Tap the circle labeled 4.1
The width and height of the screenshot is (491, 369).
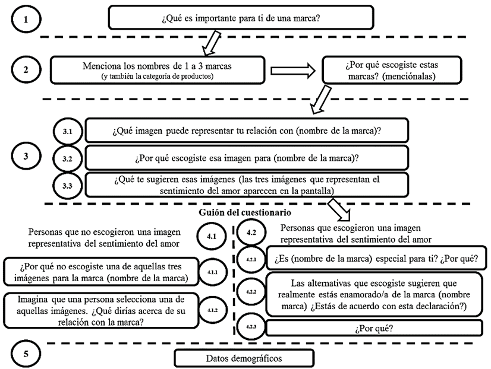coord(212,236)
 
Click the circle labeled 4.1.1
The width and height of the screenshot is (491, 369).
coord(211,271)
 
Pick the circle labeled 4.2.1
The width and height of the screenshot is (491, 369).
coord(250,259)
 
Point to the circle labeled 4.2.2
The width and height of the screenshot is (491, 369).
coord(250,292)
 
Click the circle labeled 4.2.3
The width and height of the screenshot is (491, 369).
coord(250,327)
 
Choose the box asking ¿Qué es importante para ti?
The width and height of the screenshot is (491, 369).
coord(240,18)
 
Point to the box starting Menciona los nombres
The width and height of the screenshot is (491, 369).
coord(157,69)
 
